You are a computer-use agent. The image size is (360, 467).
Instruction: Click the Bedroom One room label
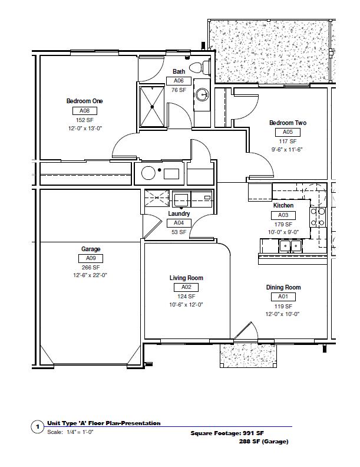pyautogui.click(x=84, y=101)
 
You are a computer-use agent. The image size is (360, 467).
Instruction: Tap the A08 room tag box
pyautogui.click(x=85, y=111)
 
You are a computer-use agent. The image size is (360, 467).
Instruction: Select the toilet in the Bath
pyautogui.click(x=200, y=67)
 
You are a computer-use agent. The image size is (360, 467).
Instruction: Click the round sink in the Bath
pyautogui.click(x=202, y=95)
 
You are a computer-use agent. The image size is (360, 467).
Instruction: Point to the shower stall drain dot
pyautogui.click(x=152, y=107)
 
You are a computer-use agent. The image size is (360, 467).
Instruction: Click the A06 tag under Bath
pyautogui.click(x=179, y=81)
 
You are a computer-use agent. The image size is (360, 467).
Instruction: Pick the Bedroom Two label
pyautogui.click(x=288, y=123)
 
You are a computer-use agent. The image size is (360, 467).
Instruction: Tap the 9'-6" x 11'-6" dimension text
pyautogui.click(x=287, y=150)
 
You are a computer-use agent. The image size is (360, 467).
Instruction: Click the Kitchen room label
pyautogui.click(x=283, y=206)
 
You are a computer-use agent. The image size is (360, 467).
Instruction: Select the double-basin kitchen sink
pyautogui.click(x=290, y=246)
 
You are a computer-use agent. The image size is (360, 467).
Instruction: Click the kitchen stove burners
pyautogui.click(x=318, y=217)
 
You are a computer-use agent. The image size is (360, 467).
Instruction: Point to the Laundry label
pyautogui.click(x=179, y=213)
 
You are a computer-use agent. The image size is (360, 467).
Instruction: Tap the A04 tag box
pyautogui.click(x=179, y=223)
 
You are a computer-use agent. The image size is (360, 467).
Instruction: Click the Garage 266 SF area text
pyautogui.click(x=91, y=268)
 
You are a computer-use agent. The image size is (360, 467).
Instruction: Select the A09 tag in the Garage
pyautogui.click(x=91, y=258)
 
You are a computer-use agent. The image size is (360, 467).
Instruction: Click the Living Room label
pyautogui.click(x=186, y=278)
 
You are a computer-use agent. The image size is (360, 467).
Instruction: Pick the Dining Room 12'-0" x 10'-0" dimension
pyautogui.click(x=282, y=314)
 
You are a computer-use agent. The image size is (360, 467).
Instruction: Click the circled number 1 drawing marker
pyautogui.click(x=38, y=427)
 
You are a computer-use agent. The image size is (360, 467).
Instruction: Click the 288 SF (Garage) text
pyautogui.click(x=263, y=442)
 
